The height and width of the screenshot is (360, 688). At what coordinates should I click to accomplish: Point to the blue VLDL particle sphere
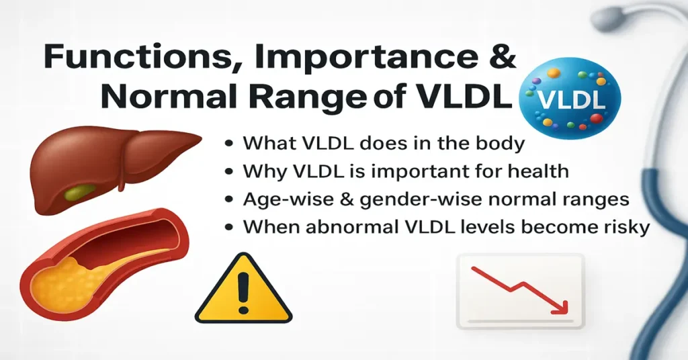click(x=572, y=97)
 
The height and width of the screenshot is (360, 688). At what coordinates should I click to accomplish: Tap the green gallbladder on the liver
click(x=80, y=194)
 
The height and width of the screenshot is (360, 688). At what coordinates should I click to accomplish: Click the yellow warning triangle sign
click(x=243, y=289)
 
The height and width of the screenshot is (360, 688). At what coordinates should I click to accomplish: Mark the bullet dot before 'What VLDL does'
click(x=230, y=144)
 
